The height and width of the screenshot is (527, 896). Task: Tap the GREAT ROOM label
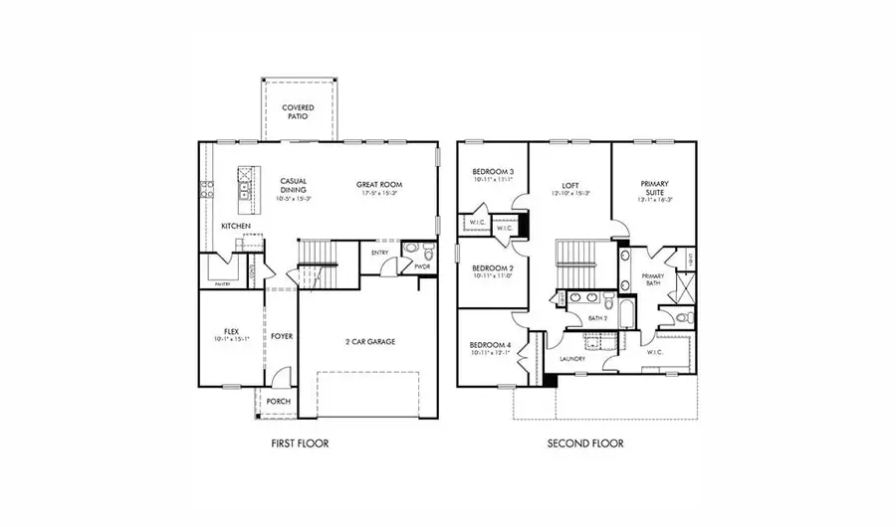click(379, 185)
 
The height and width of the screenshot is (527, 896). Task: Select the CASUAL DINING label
click(293, 185)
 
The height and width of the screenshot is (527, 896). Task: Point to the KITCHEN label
click(236, 227)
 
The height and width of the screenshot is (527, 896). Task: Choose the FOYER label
click(282, 336)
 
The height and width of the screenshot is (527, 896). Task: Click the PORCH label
click(279, 402)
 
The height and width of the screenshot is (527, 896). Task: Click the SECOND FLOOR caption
click(585, 442)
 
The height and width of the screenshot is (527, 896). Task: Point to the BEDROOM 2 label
click(492, 268)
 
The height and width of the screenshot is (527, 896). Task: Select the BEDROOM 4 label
click(492, 345)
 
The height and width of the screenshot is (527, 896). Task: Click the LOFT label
click(570, 185)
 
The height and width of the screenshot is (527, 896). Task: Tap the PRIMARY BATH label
click(653, 279)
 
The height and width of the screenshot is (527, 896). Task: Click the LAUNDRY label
click(571, 359)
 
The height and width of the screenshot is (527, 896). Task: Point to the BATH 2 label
click(597, 318)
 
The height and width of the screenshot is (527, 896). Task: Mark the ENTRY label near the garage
click(380, 253)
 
